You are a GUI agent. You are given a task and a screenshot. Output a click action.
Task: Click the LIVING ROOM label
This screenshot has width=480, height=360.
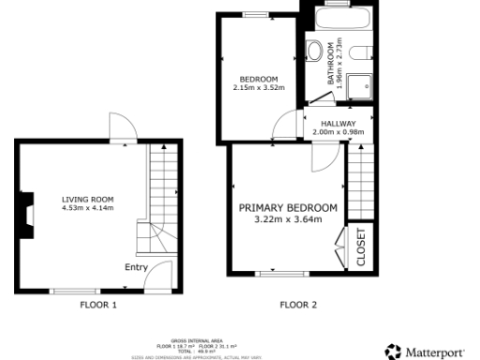[87, 199]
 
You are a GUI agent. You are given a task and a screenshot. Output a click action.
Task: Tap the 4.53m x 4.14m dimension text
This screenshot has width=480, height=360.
[87, 208]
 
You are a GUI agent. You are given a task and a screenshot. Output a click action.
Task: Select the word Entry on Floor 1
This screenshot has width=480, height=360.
[136, 267]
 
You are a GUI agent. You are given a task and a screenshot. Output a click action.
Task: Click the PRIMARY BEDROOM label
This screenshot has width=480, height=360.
[288, 208]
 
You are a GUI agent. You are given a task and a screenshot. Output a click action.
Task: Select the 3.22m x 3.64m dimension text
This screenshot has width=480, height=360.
[288, 220]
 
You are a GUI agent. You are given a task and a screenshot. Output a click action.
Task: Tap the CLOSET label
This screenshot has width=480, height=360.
[361, 247]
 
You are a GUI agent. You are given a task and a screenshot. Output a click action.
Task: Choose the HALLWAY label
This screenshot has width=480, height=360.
[337, 124]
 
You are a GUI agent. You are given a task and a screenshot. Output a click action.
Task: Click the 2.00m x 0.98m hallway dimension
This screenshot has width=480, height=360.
[337, 132]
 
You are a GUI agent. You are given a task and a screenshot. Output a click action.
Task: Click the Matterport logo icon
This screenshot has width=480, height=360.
[393, 352]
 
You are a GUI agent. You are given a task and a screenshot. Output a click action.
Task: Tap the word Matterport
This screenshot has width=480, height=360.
[434, 352]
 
